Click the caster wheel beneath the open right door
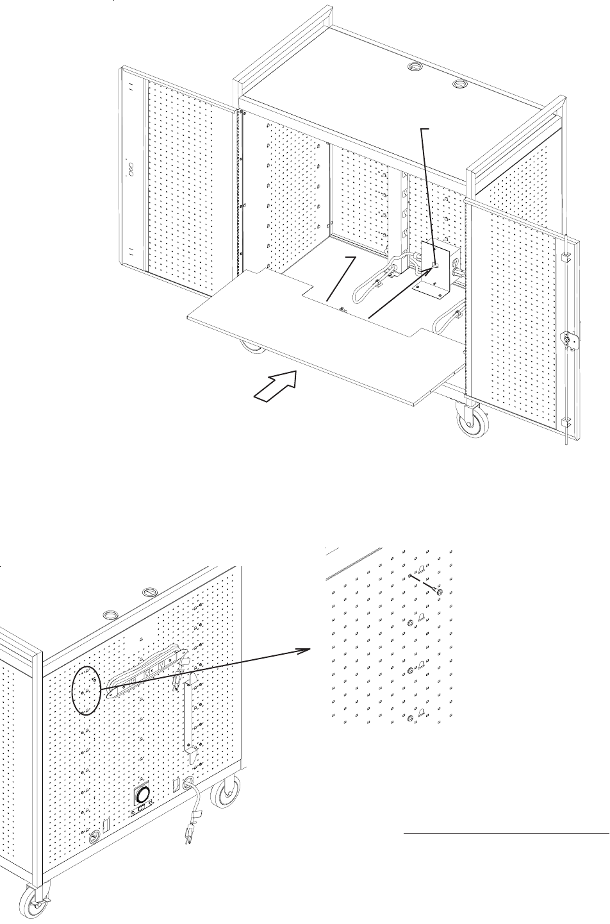click(471, 423)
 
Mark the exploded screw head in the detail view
click(438, 591)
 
